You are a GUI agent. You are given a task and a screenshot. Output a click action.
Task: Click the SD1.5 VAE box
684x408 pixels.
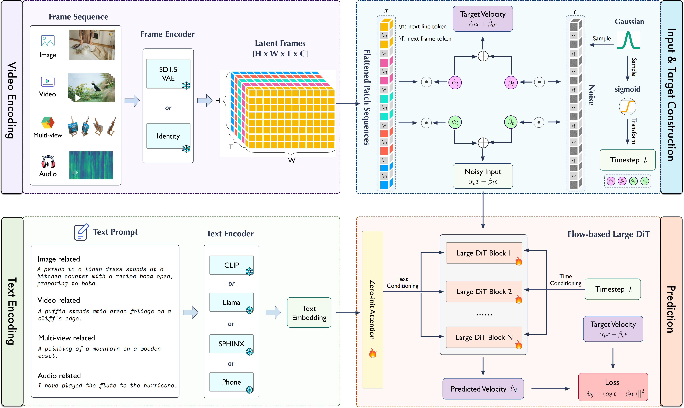coord(168,74)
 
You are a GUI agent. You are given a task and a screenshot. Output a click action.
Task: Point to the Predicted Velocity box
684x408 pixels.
coord(483,389)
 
